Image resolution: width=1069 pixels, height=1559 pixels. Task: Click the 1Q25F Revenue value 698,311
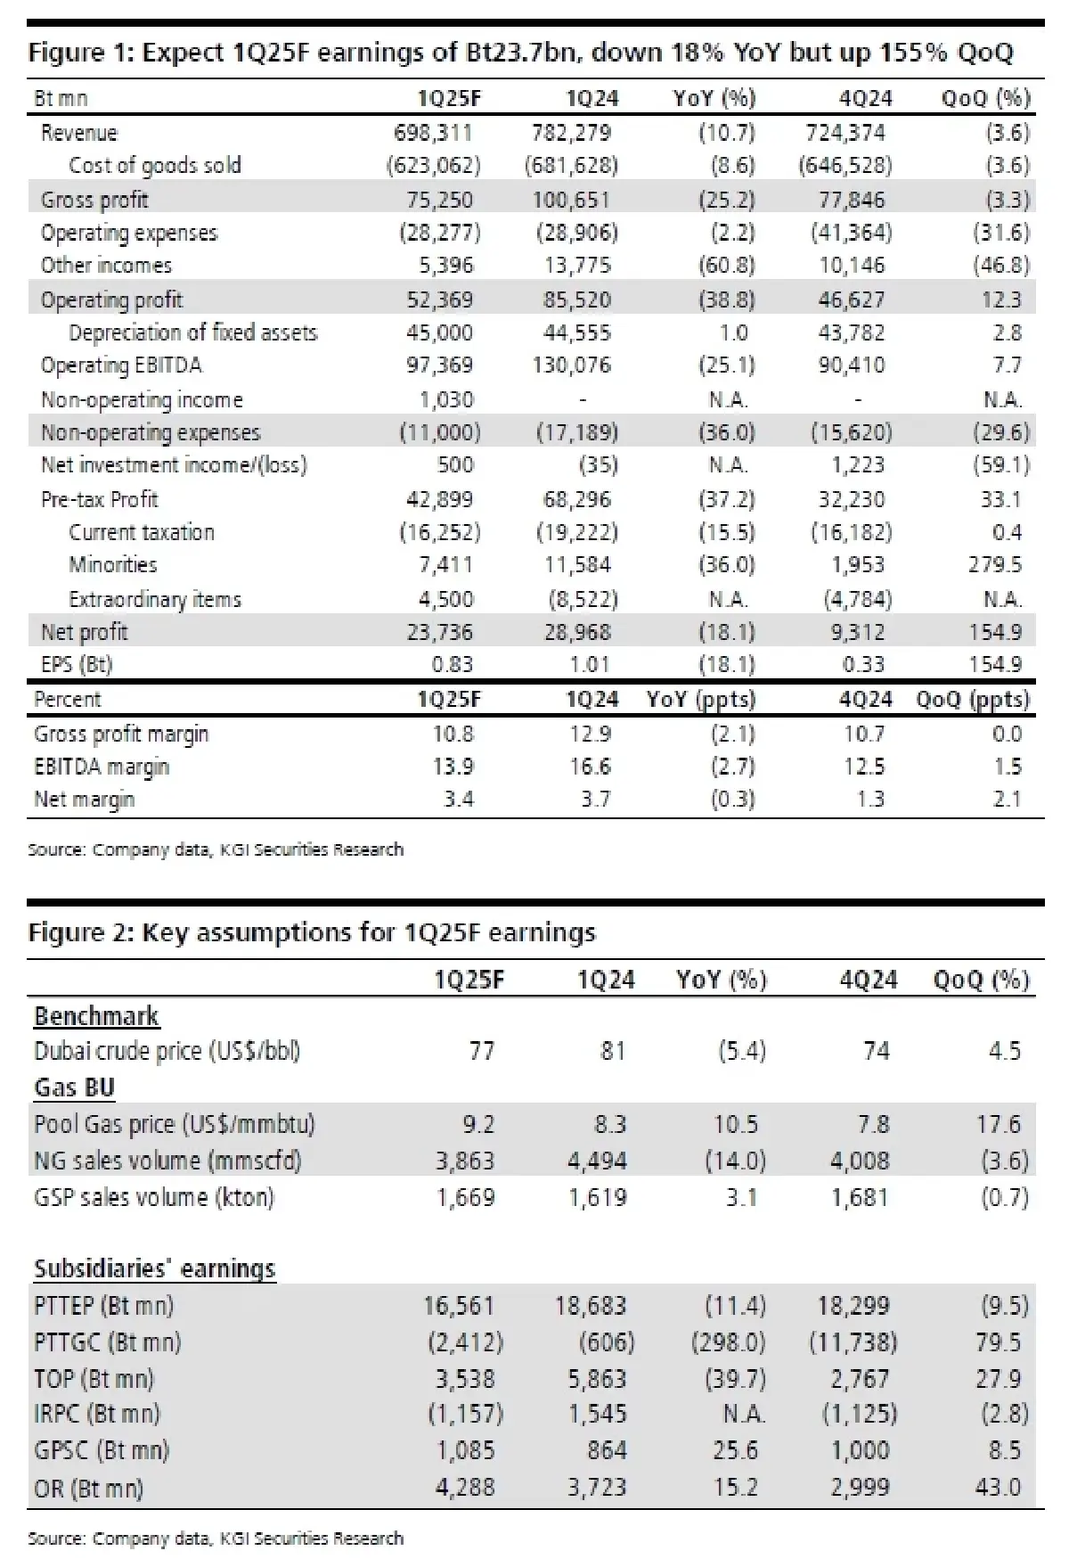(433, 133)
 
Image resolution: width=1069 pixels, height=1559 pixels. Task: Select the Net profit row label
(84, 633)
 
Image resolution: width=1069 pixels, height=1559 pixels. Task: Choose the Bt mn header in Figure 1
(61, 98)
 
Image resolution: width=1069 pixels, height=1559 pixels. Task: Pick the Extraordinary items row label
(154, 599)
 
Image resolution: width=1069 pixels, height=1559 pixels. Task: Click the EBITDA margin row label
(101, 767)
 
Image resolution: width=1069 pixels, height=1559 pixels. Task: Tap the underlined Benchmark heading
(96, 1016)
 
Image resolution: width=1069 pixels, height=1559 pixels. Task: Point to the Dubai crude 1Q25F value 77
(481, 1052)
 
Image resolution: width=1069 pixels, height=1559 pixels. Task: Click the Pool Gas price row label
(174, 1124)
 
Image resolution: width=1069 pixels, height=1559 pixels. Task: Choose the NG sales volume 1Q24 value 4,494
(597, 1161)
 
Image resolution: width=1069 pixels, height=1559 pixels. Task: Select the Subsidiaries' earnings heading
(154, 1268)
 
